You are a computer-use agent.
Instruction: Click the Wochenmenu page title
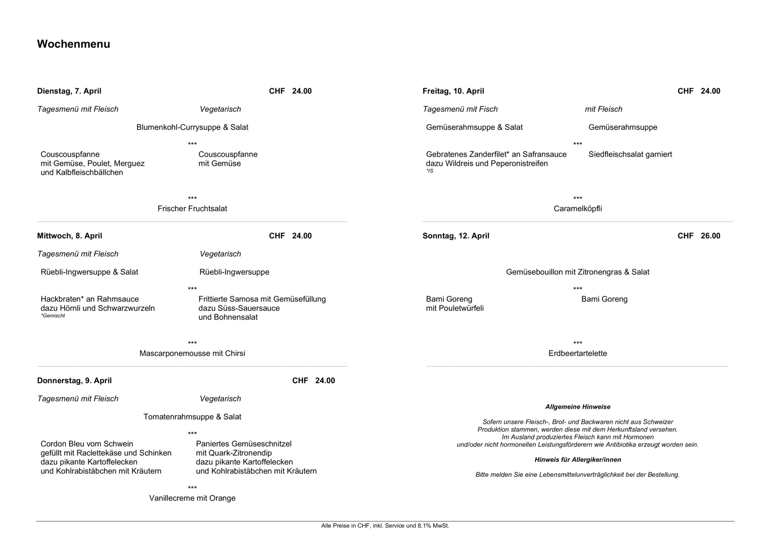(73, 44)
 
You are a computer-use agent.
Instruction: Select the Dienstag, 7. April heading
(69, 91)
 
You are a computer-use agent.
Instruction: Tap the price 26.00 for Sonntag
(710, 236)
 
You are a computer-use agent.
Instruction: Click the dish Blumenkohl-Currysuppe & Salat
(192, 127)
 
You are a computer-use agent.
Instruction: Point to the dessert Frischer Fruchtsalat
(192, 208)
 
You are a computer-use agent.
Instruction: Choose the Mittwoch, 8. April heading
(70, 236)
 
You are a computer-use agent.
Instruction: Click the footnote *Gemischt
(53, 316)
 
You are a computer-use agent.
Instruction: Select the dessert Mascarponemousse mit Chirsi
(192, 353)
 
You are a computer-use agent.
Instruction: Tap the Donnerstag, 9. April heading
(74, 381)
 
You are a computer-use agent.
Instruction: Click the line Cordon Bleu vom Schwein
(87, 444)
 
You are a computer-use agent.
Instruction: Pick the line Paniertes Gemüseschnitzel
(244, 444)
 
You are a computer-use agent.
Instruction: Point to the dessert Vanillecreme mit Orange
(192, 498)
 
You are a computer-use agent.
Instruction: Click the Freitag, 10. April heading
(453, 91)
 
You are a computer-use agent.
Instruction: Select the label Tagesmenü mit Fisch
(460, 109)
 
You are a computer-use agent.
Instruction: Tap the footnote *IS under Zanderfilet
(430, 171)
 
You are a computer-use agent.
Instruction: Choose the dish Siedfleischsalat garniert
(630, 155)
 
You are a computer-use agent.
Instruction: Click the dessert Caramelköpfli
(578, 208)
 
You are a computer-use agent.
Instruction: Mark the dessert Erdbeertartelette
(578, 353)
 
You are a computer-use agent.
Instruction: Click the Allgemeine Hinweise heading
(578, 407)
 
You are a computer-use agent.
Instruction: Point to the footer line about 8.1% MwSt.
(385, 526)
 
